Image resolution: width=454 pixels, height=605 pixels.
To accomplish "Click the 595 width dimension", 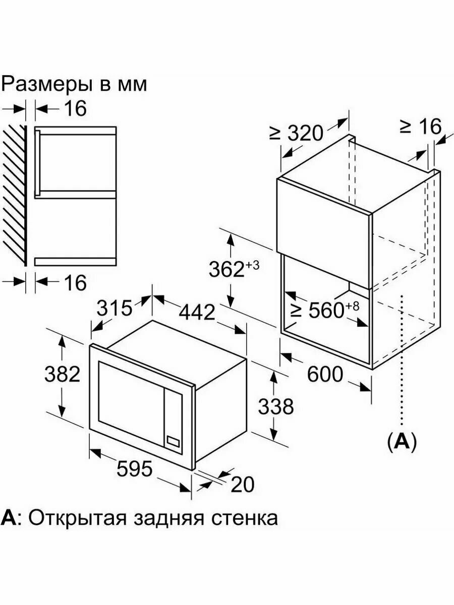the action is point(134,468).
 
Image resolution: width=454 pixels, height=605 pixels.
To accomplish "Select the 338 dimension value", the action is point(276,406).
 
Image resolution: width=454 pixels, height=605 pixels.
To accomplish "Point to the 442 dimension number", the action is point(197,312).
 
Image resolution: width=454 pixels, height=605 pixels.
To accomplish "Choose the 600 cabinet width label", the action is point(325,374).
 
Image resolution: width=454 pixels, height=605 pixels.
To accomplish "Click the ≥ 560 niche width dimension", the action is point(326,310).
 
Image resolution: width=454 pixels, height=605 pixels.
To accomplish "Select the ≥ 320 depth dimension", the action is point(296,133).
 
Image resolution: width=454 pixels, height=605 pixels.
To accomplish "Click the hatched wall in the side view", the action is point(14,196).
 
